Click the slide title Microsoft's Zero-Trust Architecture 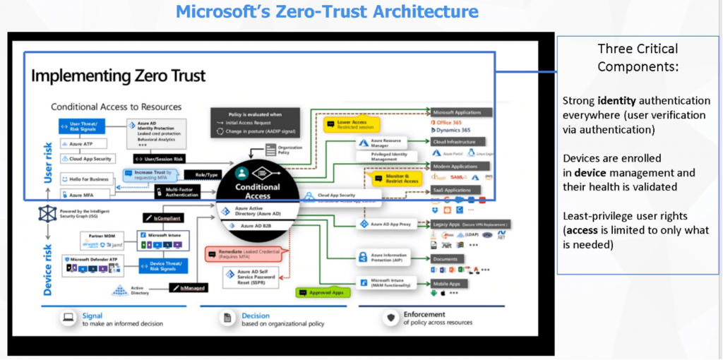coord(327,12)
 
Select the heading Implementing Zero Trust coord(118,76)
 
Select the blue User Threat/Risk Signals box coord(84,126)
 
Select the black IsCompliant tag coord(162,219)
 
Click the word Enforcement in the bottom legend coord(424,314)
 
